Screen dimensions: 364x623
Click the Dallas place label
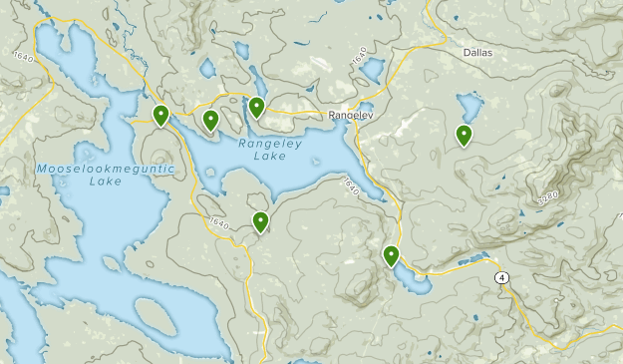coord(478,52)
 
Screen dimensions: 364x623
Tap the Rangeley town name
coord(350,116)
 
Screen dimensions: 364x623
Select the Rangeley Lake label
coord(263,149)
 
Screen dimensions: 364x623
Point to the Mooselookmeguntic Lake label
coord(105,175)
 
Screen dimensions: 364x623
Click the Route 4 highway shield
coord(501,277)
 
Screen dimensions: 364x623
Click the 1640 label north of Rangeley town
coord(359,58)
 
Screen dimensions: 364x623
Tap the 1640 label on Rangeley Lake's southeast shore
coord(350,185)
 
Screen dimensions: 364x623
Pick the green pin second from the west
coord(210,120)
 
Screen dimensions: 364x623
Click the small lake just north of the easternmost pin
coord(467,105)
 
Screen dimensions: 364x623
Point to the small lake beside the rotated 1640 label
coord(372,70)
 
